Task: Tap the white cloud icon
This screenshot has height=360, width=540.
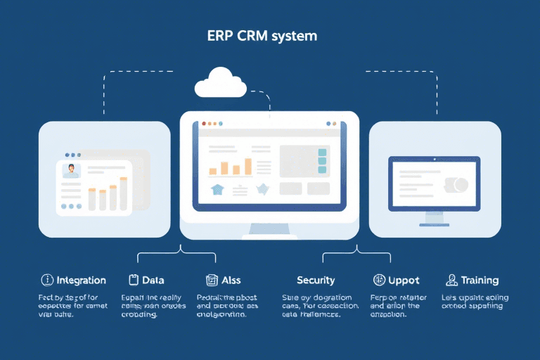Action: coord(221,82)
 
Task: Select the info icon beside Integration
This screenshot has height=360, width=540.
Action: coord(48,280)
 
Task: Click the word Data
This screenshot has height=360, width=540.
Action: coord(154,281)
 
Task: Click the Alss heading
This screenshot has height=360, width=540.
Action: coord(231,281)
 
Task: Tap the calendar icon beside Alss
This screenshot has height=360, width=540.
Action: coord(211,280)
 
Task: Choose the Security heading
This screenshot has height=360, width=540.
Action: coord(316,281)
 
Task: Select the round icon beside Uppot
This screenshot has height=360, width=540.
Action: coord(379,280)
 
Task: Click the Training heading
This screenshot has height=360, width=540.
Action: coord(480,281)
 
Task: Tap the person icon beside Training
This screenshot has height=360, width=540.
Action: coord(452,280)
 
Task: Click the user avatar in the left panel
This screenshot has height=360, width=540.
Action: coord(71,170)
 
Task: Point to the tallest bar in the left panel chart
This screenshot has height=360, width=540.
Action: coord(124,194)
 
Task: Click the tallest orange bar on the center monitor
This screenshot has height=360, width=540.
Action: coord(247,166)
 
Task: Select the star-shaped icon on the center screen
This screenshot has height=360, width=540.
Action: coord(263,189)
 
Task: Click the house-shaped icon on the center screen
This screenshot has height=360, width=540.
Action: coord(217,188)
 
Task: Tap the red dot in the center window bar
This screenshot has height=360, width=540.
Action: coord(204,123)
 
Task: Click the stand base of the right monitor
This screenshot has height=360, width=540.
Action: coord(434,224)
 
